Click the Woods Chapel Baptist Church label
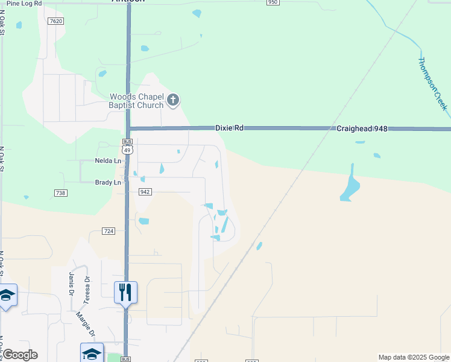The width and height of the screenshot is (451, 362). [136, 101]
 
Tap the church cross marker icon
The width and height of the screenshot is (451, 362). [173, 100]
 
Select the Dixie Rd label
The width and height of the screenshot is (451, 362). [230, 129]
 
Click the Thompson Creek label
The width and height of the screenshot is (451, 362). [433, 84]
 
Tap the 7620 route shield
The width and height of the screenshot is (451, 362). [56, 21]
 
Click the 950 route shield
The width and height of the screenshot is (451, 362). [273, 2]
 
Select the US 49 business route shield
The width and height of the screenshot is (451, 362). [126, 148]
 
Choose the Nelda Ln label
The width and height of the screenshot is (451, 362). [108, 161]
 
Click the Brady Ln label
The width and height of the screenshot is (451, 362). [108, 182]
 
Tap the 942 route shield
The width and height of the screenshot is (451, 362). [144, 192]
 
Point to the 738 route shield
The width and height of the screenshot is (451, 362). [60, 193]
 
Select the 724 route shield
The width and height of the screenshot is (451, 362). [109, 231]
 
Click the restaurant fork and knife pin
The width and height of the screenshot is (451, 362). [125, 293]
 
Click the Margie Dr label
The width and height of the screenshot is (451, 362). [85, 324]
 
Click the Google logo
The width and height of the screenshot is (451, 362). [19, 355]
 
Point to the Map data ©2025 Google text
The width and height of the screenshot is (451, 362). [414, 357]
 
